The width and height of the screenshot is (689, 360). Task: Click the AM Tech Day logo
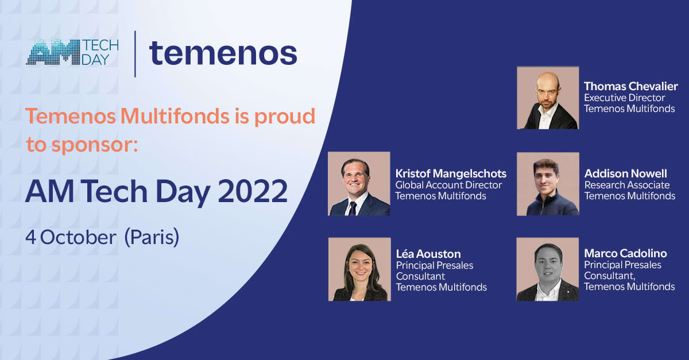click(72, 52)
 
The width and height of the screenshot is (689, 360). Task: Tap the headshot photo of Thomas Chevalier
click(548, 98)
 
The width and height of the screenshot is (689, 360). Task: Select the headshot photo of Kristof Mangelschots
click(359, 184)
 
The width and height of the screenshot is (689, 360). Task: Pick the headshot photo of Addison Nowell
click(548, 184)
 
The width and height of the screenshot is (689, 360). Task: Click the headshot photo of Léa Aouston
click(359, 269)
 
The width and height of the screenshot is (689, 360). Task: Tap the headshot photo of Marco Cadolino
click(548, 269)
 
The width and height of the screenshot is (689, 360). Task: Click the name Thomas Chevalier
click(630, 87)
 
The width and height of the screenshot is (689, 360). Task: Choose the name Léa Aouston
click(428, 254)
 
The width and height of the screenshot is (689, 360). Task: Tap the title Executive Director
click(624, 98)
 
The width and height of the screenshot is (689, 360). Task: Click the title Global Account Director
click(448, 185)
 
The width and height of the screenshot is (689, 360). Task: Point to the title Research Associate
click(626, 185)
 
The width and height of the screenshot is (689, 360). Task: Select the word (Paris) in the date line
click(152, 238)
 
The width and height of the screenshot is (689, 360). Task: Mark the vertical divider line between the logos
click(135, 54)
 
